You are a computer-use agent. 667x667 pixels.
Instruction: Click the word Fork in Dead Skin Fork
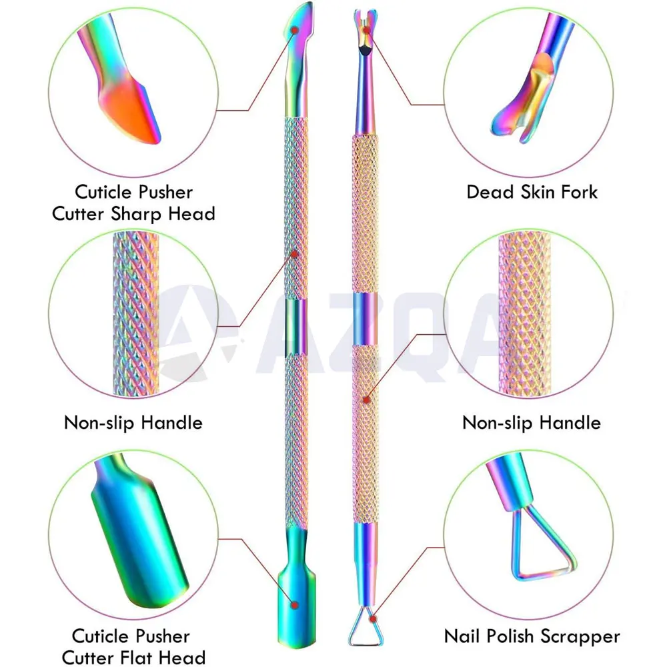pyautogui.click(x=580, y=192)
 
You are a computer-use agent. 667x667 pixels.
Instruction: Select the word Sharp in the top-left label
pyautogui.click(x=137, y=214)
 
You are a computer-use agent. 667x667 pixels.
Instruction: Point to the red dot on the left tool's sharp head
pyautogui.click(x=294, y=30)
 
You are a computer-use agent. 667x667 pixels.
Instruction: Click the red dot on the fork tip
pyautogui.click(x=367, y=30)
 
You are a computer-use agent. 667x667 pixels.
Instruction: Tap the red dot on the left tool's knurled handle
pyautogui.click(x=294, y=254)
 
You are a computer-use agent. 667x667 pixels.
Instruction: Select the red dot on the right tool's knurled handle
pyautogui.click(x=366, y=400)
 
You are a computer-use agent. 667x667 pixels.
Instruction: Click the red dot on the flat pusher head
pyautogui.click(x=294, y=604)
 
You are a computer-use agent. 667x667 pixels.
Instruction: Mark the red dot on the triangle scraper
pyautogui.click(x=374, y=618)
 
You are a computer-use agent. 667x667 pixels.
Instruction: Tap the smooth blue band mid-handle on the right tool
pyautogui.click(x=365, y=318)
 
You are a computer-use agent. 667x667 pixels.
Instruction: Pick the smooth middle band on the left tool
pyautogui.click(x=296, y=327)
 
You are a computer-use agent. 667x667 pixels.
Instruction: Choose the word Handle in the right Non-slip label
pyautogui.click(x=570, y=423)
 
